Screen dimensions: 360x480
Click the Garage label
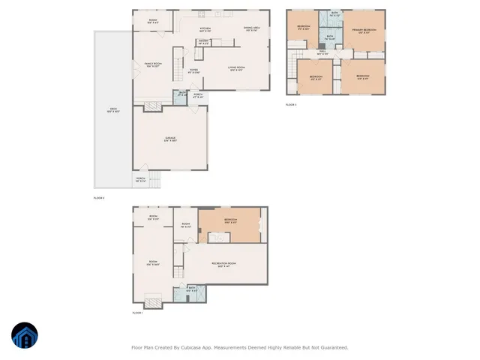pos(170,139)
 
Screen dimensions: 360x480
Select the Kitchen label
pos(205,29)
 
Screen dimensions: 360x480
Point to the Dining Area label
pos(251,29)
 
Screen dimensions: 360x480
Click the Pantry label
pos(203,42)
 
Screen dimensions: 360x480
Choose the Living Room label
pos(237,69)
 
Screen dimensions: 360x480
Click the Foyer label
pos(193,71)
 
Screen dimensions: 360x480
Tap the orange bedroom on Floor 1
pos(231,221)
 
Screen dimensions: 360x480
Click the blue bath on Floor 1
pos(192,290)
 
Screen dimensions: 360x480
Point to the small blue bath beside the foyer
pos(181,96)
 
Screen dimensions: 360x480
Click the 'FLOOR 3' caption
pos(291,105)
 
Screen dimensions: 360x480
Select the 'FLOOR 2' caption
pos(99,198)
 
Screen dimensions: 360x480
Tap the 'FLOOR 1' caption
pos(137,313)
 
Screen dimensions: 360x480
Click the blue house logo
pos(25,337)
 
